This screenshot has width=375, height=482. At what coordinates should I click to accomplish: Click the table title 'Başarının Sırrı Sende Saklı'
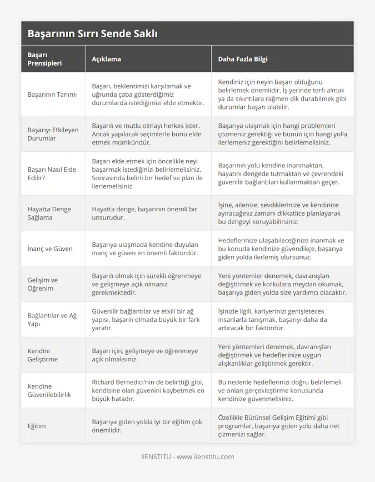pos(92,34)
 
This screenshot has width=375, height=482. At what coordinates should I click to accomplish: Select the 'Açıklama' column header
pos(106,59)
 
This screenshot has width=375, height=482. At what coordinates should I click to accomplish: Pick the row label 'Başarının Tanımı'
pos(52,94)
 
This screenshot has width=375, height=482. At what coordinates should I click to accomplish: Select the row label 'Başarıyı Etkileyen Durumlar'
pos(53,134)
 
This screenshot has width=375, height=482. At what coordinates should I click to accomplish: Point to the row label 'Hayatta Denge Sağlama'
pos(49,213)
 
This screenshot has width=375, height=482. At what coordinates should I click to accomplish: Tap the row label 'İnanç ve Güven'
pos(49,249)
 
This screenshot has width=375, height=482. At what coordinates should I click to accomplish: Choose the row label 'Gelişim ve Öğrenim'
pos(42,284)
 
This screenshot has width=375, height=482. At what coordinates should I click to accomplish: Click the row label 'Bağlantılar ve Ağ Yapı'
pos(51,319)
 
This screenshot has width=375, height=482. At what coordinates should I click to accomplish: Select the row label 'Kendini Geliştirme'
pos(42,355)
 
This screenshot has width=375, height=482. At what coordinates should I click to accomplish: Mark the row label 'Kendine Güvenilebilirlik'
pos(49,390)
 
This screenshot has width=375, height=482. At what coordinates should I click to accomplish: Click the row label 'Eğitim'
pos(37,426)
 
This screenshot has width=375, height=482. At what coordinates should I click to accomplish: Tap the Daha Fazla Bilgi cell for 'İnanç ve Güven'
pos(281,249)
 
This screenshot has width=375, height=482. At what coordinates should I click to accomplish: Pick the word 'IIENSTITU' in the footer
pos(156,457)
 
